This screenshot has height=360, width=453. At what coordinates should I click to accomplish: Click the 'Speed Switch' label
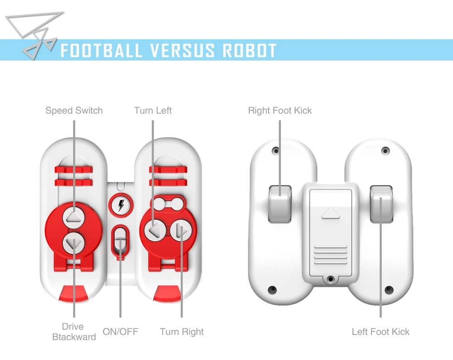(x=74, y=111)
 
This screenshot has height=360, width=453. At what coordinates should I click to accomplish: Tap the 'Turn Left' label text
(x=153, y=111)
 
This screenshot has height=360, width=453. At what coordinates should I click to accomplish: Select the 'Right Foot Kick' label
(x=280, y=111)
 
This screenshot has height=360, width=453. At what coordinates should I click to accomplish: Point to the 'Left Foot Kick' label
(x=381, y=332)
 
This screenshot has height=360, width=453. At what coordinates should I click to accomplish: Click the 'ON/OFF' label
(x=120, y=332)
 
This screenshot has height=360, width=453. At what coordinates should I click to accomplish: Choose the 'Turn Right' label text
(x=182, y=332)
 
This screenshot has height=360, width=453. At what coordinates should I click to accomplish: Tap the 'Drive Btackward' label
(x=74, y=332)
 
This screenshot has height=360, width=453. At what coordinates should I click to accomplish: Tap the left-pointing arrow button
(x=155, y=230)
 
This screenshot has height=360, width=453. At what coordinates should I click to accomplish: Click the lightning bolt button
(x=121, y=205)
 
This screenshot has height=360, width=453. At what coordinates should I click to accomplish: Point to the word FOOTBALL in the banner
(x=101, y=51)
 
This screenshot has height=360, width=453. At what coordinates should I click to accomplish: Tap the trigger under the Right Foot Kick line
(x=280, y=204)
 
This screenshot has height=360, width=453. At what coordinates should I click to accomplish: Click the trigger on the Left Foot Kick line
(x=381, y=204)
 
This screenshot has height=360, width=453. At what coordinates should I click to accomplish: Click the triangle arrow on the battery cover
(x=331, y=214)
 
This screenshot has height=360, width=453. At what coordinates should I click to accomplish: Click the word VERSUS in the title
(x=182, y=51)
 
